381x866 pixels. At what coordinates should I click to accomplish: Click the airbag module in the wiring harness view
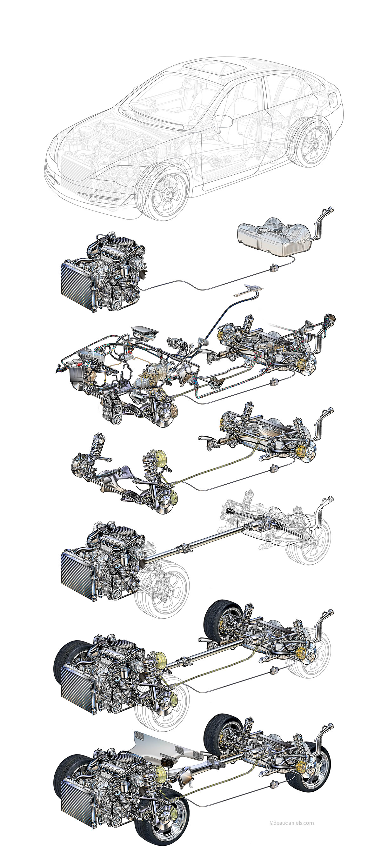point(145,333)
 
